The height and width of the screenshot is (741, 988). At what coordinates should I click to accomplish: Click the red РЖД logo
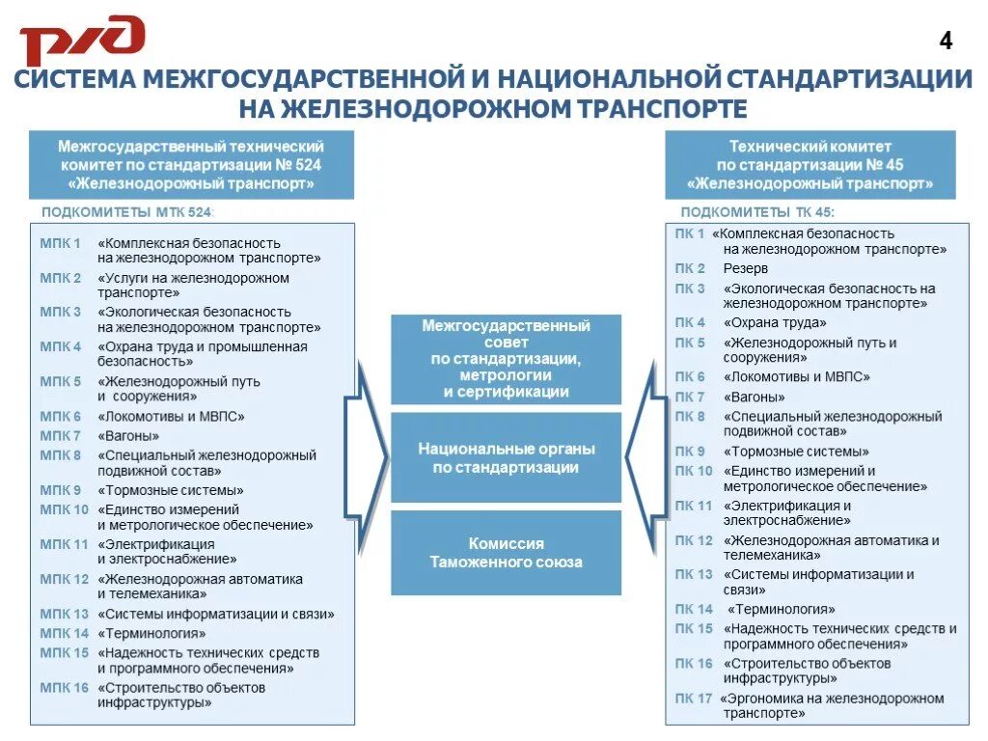[x=83, y=41]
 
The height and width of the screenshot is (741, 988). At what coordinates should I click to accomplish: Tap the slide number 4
[x=946, y=41]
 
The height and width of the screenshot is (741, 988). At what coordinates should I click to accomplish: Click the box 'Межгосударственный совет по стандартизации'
[x=506, y=359]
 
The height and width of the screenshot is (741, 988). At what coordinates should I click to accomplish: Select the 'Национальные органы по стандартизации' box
[x=506, y=457]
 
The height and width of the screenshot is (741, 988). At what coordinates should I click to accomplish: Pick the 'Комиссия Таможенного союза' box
[x=506, y=552]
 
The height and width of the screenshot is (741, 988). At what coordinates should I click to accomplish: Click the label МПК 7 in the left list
[x=61, y=436]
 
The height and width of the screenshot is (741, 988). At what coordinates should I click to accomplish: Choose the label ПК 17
[x=693, y=699]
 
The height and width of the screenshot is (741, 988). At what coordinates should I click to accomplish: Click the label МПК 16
[x=65, y=688]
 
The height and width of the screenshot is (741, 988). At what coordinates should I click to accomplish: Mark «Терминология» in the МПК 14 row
[x=151, y=634]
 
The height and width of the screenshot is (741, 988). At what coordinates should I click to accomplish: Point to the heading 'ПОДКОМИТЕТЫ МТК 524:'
[x=126, y=211]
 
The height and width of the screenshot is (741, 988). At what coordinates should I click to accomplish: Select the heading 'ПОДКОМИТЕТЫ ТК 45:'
[x=757, y=211]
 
